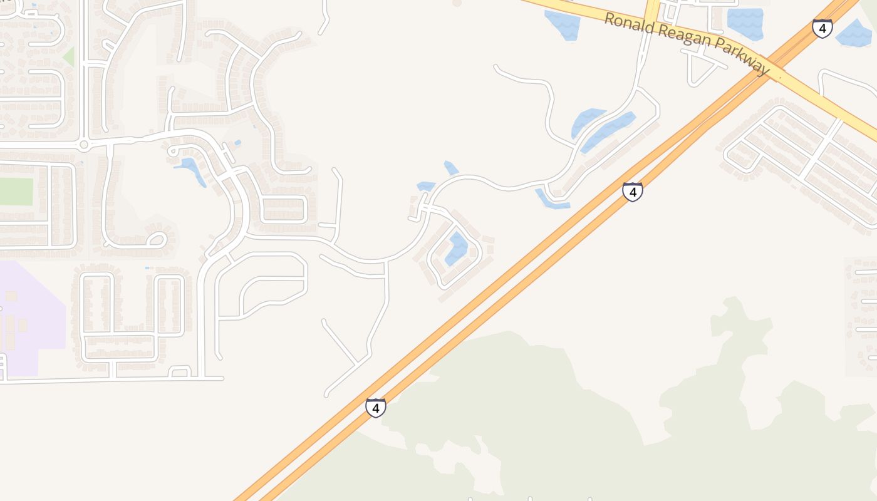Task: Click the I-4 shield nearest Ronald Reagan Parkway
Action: (822, 28)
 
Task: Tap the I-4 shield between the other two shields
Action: (633, 192)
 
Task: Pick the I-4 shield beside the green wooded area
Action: (375, 408)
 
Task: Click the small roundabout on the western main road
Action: (83, 145)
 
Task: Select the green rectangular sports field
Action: (16, 192)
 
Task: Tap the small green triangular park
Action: (69, 58)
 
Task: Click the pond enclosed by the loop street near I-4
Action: (457, 248)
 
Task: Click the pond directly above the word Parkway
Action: (745, 24)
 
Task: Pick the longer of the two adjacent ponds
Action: (608, 132)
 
